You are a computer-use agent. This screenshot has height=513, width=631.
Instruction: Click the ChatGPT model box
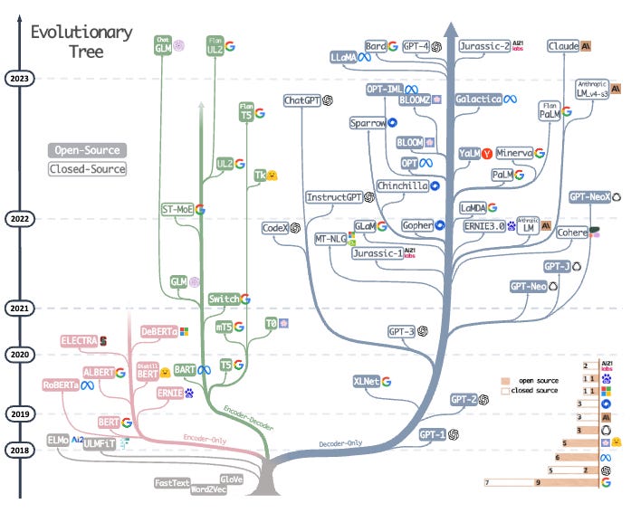point(303,100)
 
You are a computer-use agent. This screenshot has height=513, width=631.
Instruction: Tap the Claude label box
point(563,45)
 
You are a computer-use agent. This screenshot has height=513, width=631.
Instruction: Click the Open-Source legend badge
point(86,150)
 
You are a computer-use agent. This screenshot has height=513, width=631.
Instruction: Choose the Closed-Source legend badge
point(86,168)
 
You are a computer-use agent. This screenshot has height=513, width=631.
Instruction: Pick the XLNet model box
point(366,381)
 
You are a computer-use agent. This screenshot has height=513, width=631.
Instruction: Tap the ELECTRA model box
point(79,341)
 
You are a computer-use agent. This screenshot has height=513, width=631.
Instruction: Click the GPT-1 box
point(434,435)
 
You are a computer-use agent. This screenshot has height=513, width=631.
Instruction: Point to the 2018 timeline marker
point(19,449)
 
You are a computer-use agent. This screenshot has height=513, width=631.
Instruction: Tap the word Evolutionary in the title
point(81,33)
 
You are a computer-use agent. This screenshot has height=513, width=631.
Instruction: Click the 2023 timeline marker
point(19,79)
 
